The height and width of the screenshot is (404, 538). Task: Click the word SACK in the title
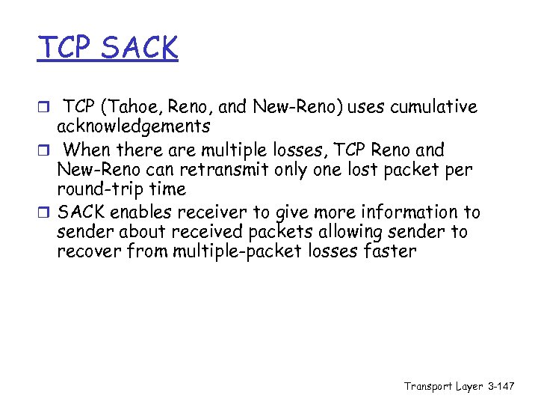[x=140, y=48]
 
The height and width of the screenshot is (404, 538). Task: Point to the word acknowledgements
[x=133, y=126]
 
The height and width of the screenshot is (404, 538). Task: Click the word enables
[x=142, y=212]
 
